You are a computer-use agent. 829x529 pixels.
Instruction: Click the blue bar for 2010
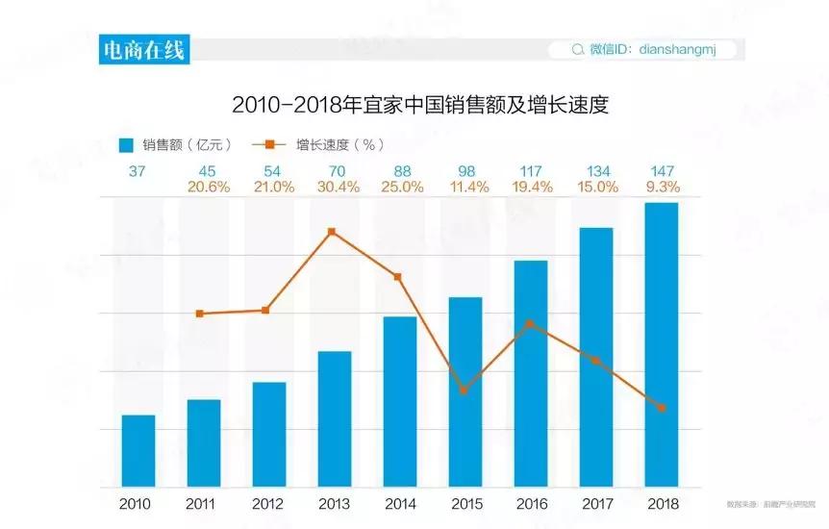(138, 450)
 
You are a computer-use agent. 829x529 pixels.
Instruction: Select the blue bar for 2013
(335, 418)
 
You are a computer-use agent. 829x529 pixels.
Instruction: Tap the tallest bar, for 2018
(662, 344)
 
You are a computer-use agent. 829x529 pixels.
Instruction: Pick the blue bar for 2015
(465, 391)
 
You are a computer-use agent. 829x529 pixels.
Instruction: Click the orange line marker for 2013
(332, 232)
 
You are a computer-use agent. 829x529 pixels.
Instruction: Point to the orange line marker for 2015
(464, 390)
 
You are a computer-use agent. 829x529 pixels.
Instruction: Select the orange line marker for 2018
(662, 408)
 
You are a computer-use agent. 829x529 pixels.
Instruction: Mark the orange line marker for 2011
(200, 314)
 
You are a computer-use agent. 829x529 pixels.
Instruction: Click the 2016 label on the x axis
(530, 504)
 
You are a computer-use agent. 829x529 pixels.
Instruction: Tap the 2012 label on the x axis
(268, 504)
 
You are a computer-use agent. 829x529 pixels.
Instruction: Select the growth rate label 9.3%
(662, 188)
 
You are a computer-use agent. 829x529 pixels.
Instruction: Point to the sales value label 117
(531, 171)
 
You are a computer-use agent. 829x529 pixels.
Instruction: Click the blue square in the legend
(125, 145)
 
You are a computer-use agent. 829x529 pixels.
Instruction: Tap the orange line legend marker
(269, 145)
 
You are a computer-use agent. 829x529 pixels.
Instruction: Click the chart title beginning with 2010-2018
(420, 104)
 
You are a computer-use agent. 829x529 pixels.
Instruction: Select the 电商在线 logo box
(144, 49)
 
